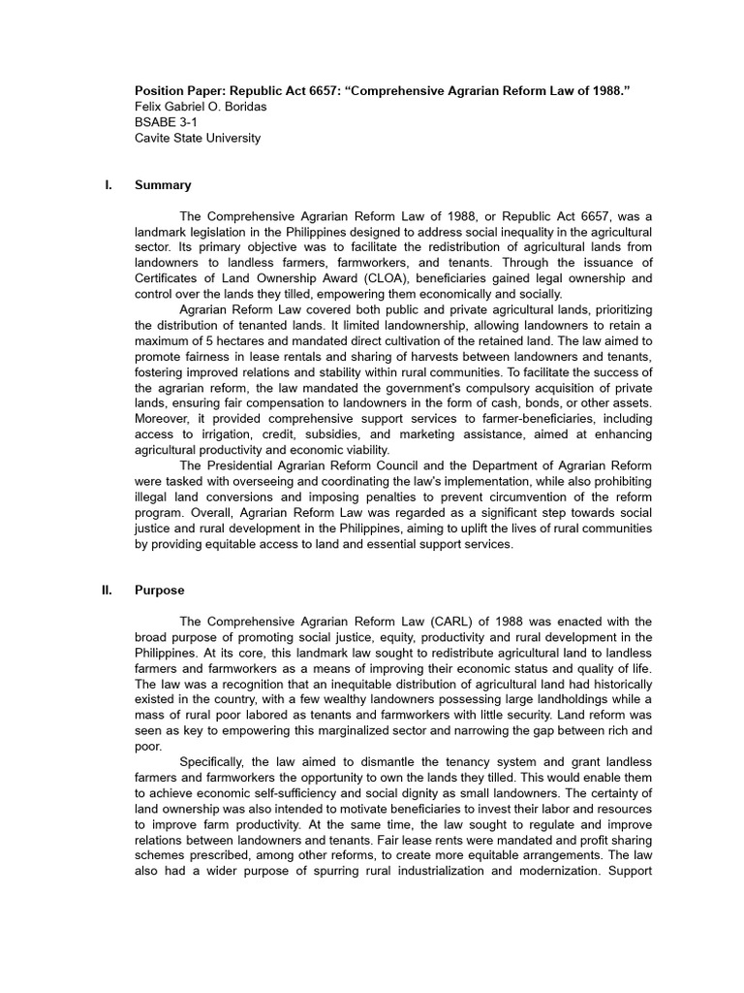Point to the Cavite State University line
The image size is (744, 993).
click(198, 138)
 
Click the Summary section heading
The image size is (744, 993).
click(163, 185)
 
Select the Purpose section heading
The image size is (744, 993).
click(160, 590)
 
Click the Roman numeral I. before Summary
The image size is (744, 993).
click(108, 185)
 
